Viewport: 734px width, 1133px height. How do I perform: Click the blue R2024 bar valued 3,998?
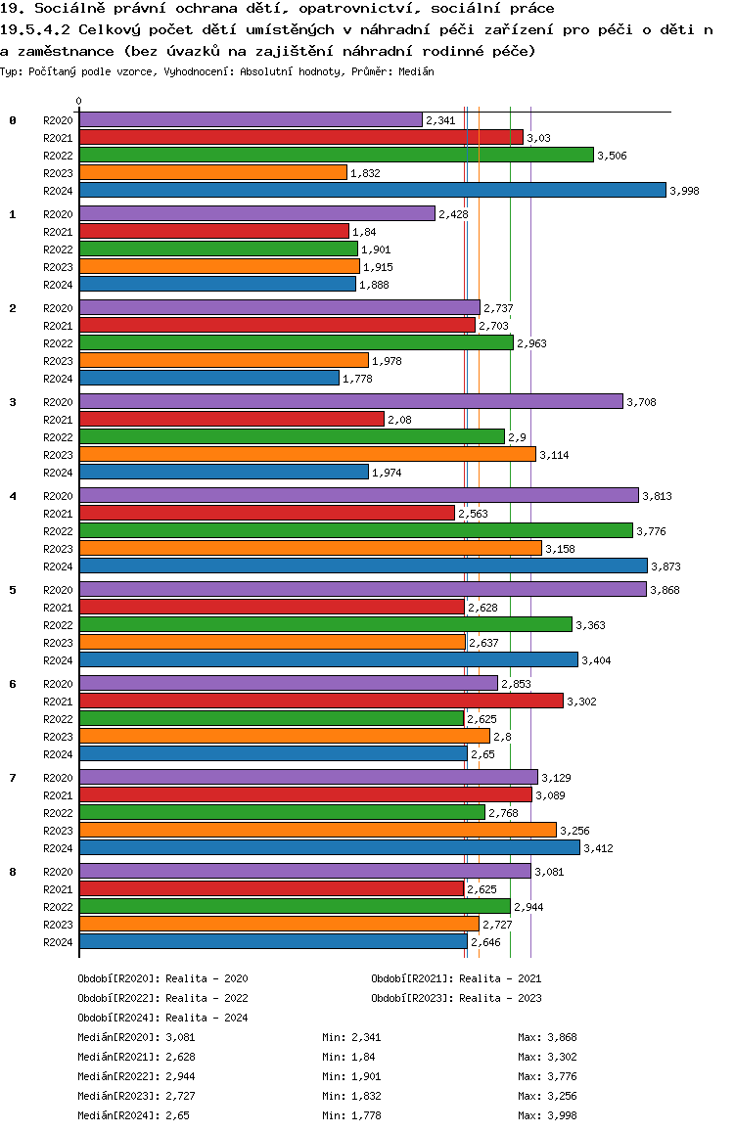[372, 190]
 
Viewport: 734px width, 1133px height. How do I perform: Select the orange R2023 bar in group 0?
[212, 172]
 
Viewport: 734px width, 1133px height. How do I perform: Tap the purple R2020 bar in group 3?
[350, 401]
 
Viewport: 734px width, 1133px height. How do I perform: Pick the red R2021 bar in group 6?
[321, 701]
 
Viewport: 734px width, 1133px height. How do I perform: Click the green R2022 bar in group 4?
[355, 530]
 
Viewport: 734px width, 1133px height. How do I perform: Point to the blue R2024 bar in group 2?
[208, 378]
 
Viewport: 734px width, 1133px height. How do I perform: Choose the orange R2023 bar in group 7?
[317, 830]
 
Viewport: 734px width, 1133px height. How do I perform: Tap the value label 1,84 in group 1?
[364, 232]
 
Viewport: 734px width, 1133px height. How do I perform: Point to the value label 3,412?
[599, 848]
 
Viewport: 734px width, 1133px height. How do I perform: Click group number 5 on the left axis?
[13, 590]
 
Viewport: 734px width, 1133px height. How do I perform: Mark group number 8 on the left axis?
[13, 872]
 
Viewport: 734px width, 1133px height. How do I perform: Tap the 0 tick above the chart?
[79, 101]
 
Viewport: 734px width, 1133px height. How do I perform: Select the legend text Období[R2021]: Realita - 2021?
[456, 978]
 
